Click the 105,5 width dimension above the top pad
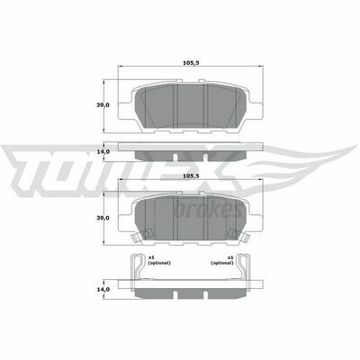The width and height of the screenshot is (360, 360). (191, 63)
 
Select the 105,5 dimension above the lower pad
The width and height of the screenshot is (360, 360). (191, 175)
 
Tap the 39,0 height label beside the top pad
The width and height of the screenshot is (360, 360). (103, 105)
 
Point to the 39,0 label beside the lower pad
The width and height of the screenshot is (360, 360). (103, 218)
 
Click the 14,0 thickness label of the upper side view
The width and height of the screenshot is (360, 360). (103, 151)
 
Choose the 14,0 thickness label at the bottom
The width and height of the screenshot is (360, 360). (103, 289)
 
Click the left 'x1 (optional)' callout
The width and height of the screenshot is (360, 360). (159, 260)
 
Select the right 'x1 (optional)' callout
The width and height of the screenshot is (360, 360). (222, 260)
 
